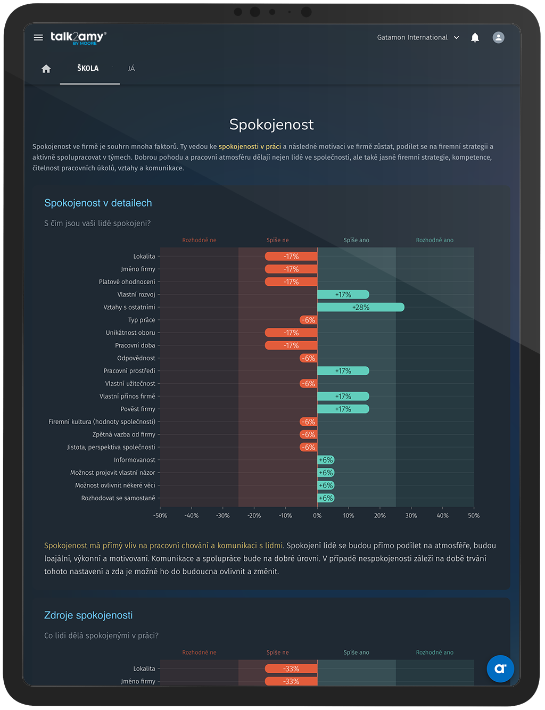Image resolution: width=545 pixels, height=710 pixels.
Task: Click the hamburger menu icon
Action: coord(38,38)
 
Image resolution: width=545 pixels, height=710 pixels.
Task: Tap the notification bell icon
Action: coord(475,38)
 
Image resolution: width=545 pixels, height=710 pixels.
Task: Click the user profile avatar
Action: coord(498,38)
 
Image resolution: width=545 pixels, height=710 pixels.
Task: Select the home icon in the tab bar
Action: coord(46,69)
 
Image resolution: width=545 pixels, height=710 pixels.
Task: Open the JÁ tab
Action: coord(131,69)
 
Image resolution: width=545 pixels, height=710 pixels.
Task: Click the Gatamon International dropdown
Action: coord(418,38)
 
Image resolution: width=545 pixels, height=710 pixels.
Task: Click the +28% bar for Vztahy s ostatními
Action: coord(361,307)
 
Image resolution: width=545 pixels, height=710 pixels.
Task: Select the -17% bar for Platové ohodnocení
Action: coord(291,282)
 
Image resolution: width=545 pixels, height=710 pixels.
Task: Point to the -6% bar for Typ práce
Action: coord(308,320)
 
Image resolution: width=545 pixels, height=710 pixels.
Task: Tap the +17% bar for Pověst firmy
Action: coord(343,409)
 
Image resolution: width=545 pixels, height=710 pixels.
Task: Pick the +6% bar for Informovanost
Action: coord(326,460)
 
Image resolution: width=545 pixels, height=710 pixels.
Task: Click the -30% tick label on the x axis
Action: coord(223,516)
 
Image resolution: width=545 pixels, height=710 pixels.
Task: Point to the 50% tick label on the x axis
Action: coord(474,516)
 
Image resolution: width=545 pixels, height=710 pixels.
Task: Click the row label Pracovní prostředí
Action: coord(129,371)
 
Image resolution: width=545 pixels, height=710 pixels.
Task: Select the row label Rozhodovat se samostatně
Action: coord(118,498)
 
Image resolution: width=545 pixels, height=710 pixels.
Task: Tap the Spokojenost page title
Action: coord(271,125)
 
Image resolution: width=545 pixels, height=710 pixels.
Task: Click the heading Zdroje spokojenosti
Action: coord(88,615)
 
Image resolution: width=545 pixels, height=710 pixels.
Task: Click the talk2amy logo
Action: coord(78,38)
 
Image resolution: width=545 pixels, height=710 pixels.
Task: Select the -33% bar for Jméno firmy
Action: coord(291,681)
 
